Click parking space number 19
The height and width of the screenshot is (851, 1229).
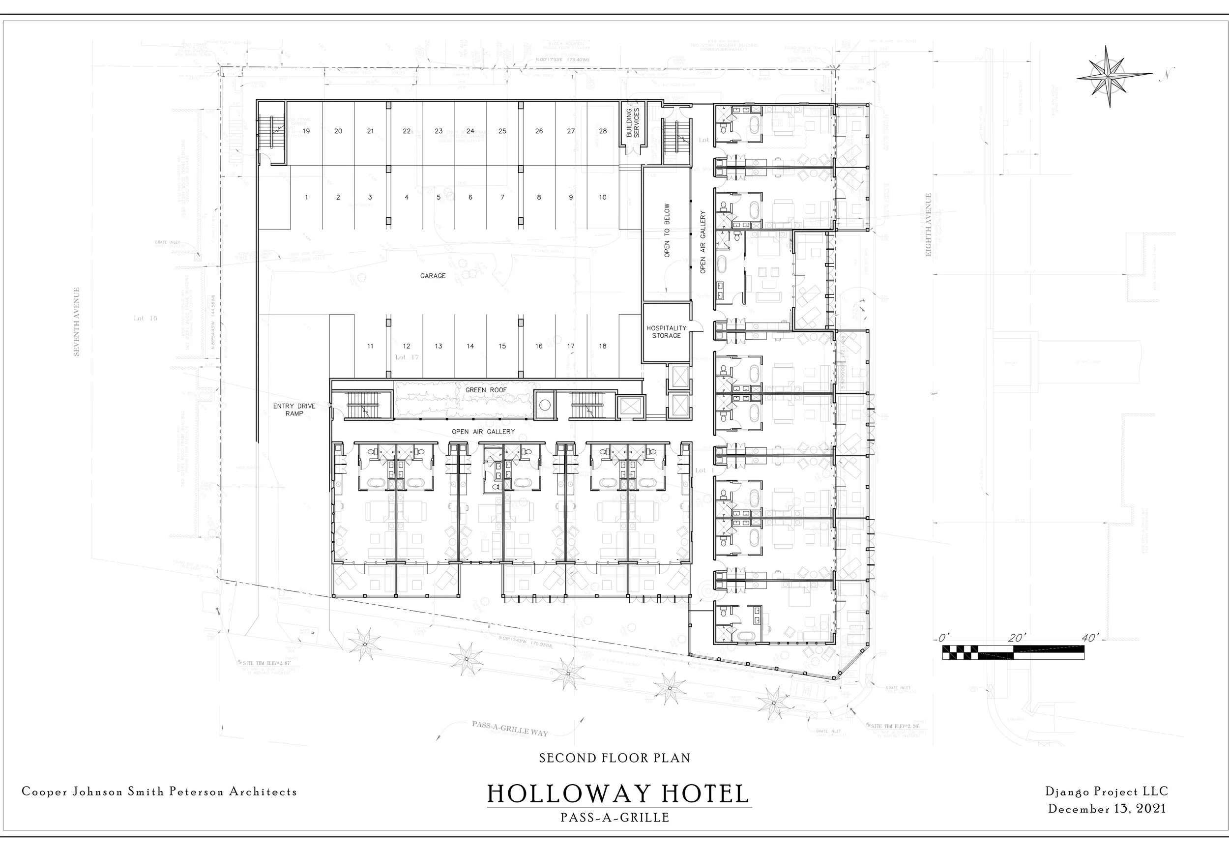tap(306, 131)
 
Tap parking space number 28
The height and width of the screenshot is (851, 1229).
tap(603, 131)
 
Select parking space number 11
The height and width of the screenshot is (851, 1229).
tap(370, 346)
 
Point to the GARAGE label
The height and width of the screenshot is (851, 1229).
tap(433, 276)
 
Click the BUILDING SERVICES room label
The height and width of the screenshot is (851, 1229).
tap(632, 122)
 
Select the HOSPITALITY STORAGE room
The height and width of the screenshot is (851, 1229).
tap(666, 332)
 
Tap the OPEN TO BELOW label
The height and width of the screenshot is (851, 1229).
tap(667, 231)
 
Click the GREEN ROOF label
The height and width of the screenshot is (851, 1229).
tap(486, 390)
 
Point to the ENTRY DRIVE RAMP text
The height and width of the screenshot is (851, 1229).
tap(294, 410)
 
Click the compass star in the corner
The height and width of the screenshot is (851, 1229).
tap(1109, 77)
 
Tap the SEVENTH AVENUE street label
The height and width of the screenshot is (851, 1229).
tap(77, 322)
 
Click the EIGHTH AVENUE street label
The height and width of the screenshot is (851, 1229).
tap(928, 225)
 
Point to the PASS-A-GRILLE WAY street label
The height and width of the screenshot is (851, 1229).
tap(509, 729)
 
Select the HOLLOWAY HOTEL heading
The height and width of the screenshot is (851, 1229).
tap(618, 793)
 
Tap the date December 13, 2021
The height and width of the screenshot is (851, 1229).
tap(1107, 808)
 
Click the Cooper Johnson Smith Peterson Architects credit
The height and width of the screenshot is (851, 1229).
tap(159, 792)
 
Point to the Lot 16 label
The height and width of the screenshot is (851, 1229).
tap(145, 318)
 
